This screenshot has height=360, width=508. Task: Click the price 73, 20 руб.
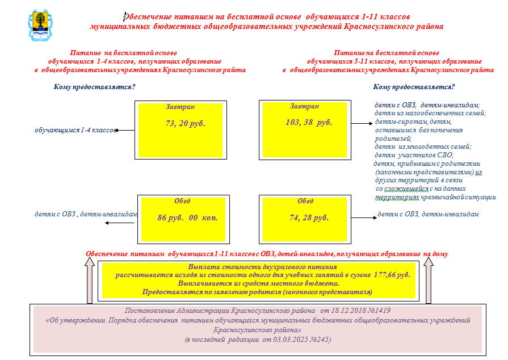point(185,123)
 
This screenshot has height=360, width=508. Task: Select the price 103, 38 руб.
point(308,122)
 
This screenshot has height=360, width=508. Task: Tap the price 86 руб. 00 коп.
point(187,217)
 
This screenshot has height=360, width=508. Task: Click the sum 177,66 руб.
point(391,274)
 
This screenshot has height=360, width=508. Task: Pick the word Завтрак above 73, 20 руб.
point(180,107)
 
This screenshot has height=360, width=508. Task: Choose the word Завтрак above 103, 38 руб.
point(305,106)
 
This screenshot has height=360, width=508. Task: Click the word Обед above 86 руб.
point(182,201)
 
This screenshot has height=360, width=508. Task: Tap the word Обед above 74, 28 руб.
point(305,201)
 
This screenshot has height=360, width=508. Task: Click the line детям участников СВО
point(414,154)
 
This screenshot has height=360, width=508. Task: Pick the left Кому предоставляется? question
point(94,87)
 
